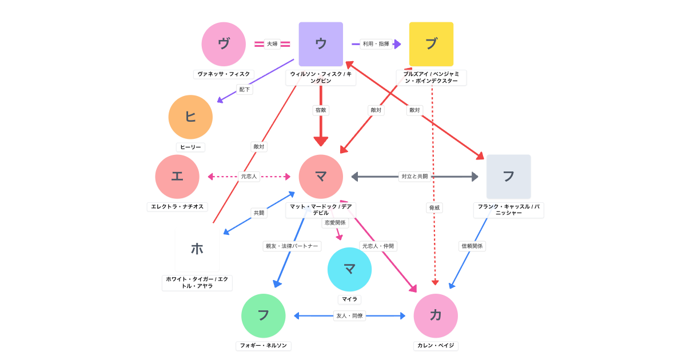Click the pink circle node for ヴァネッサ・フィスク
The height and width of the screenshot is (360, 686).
tap(224, 44)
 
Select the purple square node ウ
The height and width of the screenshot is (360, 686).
tap(321, 44)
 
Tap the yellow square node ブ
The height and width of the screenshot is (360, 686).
tap(431, 44)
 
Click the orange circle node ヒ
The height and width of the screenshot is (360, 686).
tap(190, 117)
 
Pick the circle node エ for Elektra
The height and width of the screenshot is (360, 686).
tap(177, 177)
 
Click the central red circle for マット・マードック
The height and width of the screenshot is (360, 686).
tap(321, 177)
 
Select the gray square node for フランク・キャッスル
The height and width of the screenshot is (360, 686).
tap(508, 177)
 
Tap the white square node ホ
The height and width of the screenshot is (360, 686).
tap(197, 249)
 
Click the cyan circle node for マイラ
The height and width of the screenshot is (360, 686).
tap(349, 269)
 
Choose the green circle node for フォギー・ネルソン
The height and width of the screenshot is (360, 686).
tap(263, 315)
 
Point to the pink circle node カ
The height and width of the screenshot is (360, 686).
tap(436, 315)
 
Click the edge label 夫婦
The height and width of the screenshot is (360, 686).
tap(272, 44)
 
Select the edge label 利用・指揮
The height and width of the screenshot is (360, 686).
tap(376, 44)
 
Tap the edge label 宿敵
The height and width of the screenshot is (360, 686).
tap(321, 110)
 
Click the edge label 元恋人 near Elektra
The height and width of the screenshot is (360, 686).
tap(249, 177)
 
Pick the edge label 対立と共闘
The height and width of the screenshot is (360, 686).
tap(414, 177)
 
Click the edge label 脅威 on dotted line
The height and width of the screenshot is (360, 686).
tap(434, 208)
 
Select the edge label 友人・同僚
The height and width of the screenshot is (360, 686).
tap(349, 315)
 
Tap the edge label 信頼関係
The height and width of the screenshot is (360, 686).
tap(472, 246)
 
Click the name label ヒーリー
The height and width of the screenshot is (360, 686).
tap(190, 147)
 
